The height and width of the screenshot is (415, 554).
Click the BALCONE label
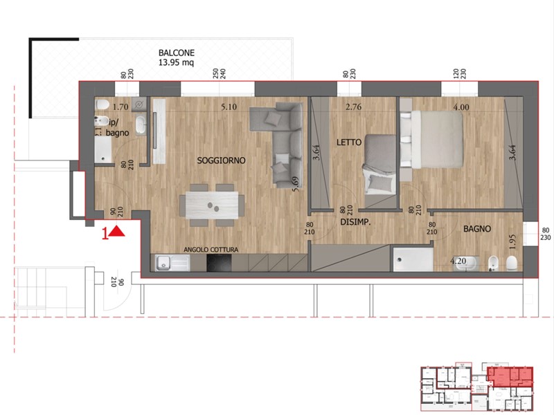coord(176,53)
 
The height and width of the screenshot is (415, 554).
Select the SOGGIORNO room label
coord(222,160)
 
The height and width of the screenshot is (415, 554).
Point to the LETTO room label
coord(350,142)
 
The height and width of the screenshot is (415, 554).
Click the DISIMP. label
coord(357,223)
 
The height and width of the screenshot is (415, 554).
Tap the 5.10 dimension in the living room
coord(229,107)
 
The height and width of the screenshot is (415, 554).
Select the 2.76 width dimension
coord(355,107)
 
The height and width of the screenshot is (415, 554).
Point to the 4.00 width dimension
coord(461,107)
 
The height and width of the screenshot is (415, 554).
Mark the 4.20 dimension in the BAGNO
coord(458,261)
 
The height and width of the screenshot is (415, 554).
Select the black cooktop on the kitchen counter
coord(221,264)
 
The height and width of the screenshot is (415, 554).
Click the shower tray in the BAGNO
coord(412,259)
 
